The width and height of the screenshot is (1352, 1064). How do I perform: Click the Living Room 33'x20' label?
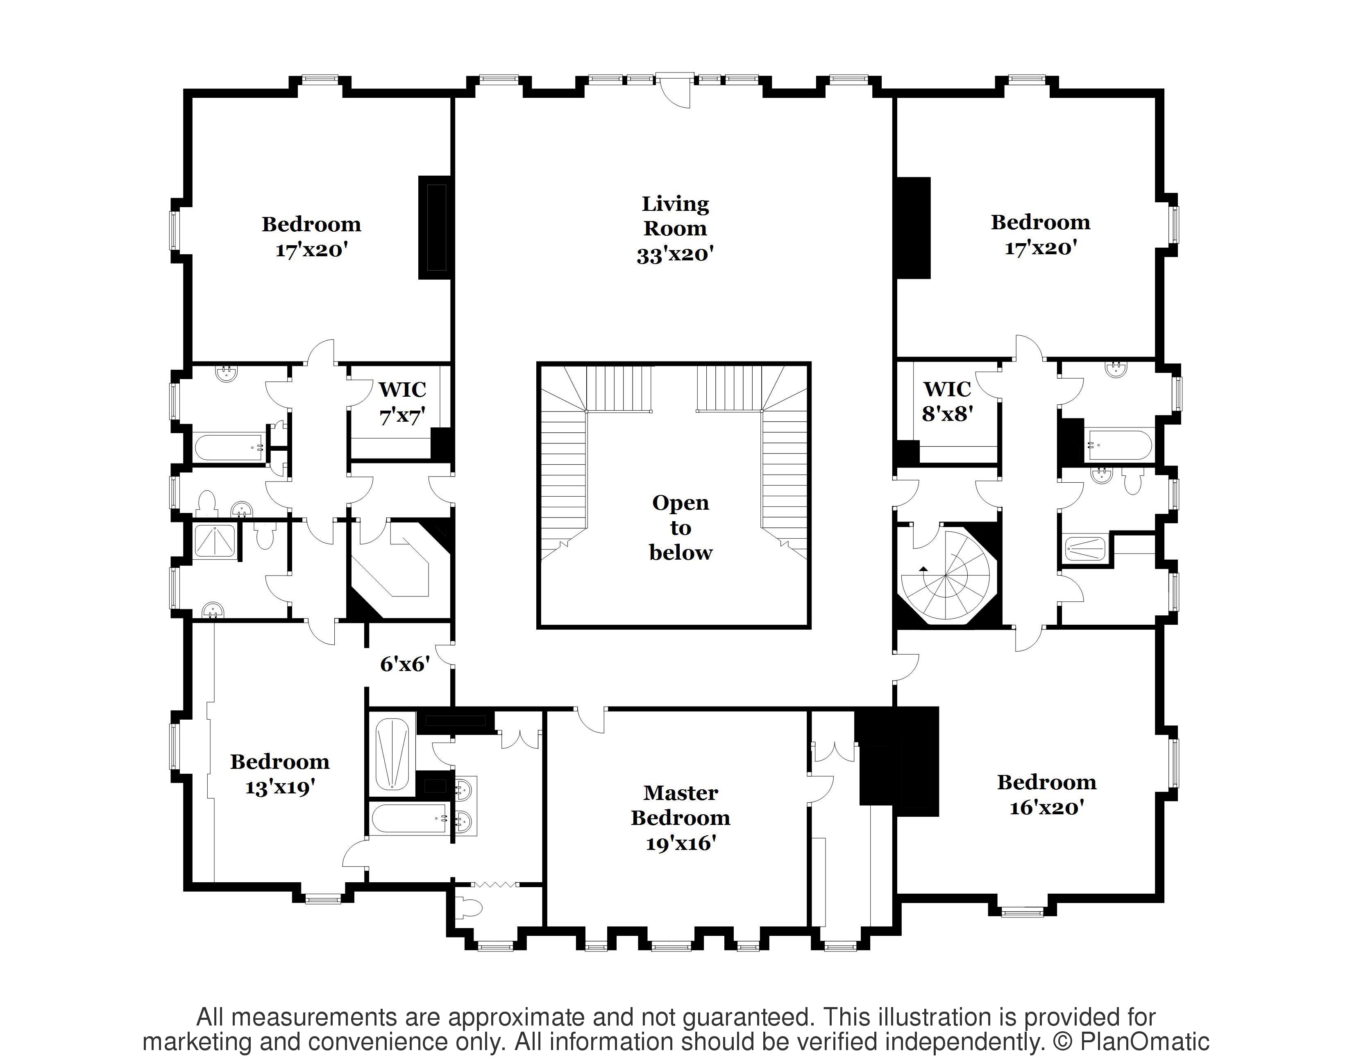675,228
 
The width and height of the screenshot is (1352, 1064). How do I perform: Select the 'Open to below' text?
681,528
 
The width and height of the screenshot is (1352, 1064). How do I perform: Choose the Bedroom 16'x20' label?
1046,794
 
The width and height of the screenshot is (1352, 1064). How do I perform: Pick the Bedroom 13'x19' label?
280,774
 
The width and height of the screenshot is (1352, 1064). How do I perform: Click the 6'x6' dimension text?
405,664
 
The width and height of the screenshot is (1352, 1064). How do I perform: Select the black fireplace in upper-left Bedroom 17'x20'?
435,227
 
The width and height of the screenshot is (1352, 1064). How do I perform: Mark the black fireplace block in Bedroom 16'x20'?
899,761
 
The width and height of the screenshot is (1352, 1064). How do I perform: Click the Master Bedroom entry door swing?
590,720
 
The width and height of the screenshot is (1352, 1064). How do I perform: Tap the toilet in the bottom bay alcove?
469,908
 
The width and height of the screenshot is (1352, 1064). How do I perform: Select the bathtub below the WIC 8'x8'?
1119,445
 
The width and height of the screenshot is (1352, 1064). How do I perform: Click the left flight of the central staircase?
564,461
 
